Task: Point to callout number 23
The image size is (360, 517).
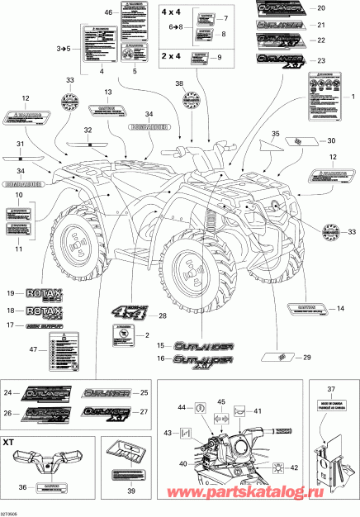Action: pos(320,61)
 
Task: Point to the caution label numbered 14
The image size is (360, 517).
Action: pos(302,310)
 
